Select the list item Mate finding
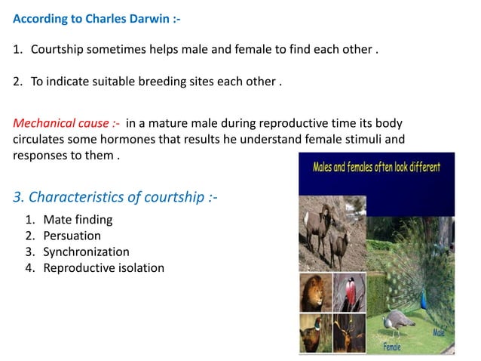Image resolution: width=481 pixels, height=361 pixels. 78,220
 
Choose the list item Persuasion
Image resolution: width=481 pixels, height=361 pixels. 72,236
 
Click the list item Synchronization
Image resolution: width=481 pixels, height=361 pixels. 86,251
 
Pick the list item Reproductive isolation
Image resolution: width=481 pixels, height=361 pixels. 103,267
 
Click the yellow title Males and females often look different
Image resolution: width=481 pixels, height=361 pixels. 377,167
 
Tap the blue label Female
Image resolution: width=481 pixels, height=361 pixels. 392,347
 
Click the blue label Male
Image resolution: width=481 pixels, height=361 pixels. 440,332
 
